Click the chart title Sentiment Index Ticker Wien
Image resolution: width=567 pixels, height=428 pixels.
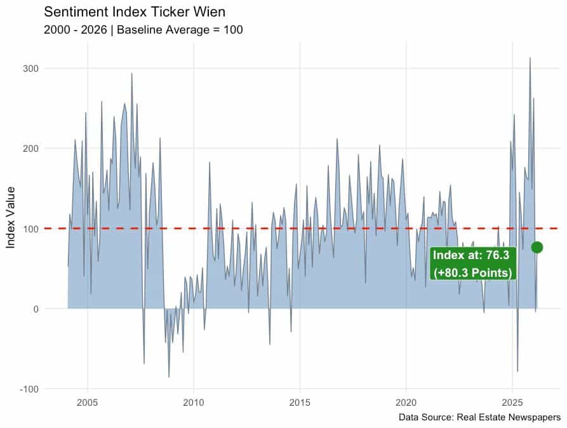pyautogui.click(x=135, y=12)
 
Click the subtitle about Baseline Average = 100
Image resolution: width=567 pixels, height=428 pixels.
pyautogui.click(x=143, y=30)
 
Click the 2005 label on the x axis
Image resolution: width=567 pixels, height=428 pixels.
pyautogui.click(x=87, y=403)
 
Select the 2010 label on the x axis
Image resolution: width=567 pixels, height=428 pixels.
pyautogui.click(x=193, y=403)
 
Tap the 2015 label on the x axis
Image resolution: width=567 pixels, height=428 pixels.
pyautogui.click(x=300, y=403)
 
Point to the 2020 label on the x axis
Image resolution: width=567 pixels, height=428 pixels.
pyautogui.click(x=406, y=403)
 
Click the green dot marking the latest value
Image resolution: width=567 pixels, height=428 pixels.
pyautogui.click(x=537, y=247)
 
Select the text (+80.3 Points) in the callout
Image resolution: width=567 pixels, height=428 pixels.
pyautogui.click(x=473, y=272)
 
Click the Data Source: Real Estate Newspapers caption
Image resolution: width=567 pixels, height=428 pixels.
pyautogui.click(x=479, y=417)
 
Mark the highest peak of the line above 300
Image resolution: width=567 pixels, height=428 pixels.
pyautogui.click(x=530, y=58)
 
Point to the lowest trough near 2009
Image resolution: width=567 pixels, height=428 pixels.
pyautogui.click(x=169, y=377)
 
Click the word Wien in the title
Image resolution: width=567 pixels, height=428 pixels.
pyautogui.click(x=211, y=12)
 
